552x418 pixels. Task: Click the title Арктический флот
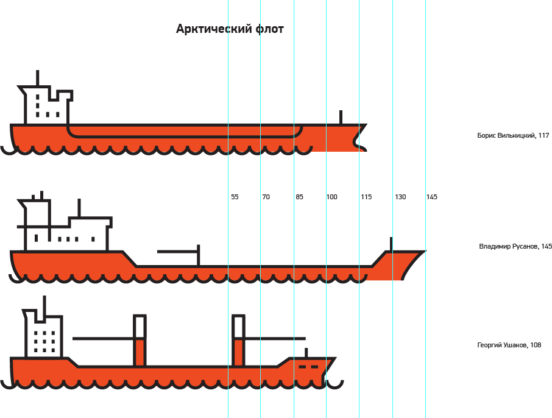point(230,29)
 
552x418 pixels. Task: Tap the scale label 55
point(235,197)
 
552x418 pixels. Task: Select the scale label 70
point(266,197)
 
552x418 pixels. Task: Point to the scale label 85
point(299,197)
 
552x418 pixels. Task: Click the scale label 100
point(331,197)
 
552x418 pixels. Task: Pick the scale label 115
point(366,197)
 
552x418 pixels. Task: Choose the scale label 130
point(400,197)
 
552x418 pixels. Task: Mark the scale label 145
point(432,197)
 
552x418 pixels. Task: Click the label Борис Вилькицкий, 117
point(513,135)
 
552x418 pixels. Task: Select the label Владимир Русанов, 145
point(515,247)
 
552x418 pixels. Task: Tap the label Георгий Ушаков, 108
point(509,345)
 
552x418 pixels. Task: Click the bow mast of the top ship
point(341,117)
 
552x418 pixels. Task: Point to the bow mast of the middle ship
point(391,244)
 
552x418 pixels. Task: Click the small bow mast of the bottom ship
point(306,353)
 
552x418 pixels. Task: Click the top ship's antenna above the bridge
point(38,78)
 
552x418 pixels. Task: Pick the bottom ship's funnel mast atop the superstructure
point(44,306)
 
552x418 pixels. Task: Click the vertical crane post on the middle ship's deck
point(199,255)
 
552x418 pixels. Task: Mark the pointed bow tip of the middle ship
point(424,251)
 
